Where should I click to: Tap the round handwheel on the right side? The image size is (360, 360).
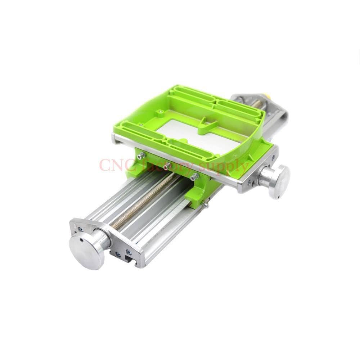(x=279, y=181)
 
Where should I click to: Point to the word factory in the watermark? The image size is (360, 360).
(x=167, y=166)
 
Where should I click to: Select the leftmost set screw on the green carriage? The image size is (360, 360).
(x=141, y=156)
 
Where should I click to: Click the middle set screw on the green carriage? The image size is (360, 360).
(x=167, y=166)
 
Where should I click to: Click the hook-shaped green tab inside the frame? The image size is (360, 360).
(x=205, y=126)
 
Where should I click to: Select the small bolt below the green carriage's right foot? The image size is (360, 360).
(x=206, y=205)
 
